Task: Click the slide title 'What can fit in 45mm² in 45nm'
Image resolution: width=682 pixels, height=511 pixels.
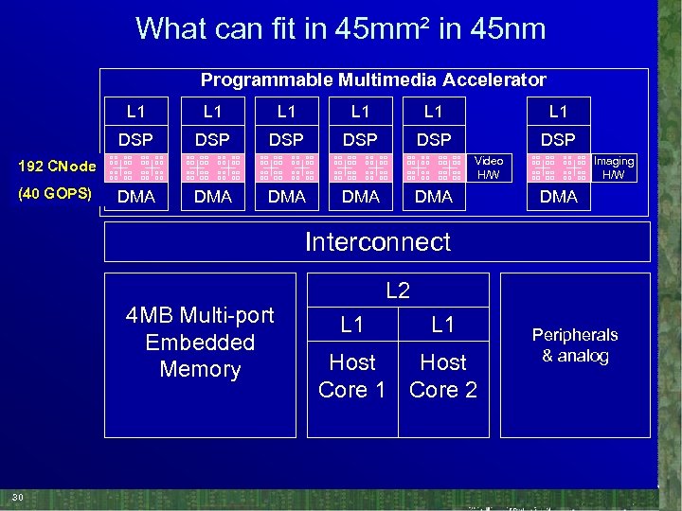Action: click(340, 28)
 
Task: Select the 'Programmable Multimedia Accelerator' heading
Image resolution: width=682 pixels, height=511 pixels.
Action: click(373, 80)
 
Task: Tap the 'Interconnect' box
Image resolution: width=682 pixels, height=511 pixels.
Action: click(377, 241)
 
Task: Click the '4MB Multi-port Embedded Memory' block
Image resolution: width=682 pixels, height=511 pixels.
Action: click(200, 342)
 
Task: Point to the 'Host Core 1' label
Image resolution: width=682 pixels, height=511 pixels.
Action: click(351, 376)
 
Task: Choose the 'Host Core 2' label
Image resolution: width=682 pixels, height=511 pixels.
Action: click(443, 376)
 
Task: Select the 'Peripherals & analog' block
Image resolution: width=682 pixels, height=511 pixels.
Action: click(575, 345)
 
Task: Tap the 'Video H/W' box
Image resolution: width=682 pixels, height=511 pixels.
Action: click(489, 167)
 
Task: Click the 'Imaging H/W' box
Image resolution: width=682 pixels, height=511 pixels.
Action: click(614, 167)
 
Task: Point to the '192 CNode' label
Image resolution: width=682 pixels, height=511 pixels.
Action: click(57, 167)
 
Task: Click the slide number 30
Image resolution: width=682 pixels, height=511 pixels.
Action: click(18, 498)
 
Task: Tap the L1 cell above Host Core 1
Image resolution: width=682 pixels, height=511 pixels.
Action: click(351, 325)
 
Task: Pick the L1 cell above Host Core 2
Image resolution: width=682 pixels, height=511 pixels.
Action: click(443, 325)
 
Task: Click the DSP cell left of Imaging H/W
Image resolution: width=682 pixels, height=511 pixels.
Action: click(558, 139)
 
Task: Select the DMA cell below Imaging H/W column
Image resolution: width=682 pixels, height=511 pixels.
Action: click(558, 196)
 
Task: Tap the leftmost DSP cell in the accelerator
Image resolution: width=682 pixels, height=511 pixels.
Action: click(135, 139)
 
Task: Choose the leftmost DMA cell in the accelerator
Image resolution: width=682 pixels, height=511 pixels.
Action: click(135, 196)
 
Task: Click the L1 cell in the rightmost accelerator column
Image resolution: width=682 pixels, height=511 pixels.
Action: click(558, 111)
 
